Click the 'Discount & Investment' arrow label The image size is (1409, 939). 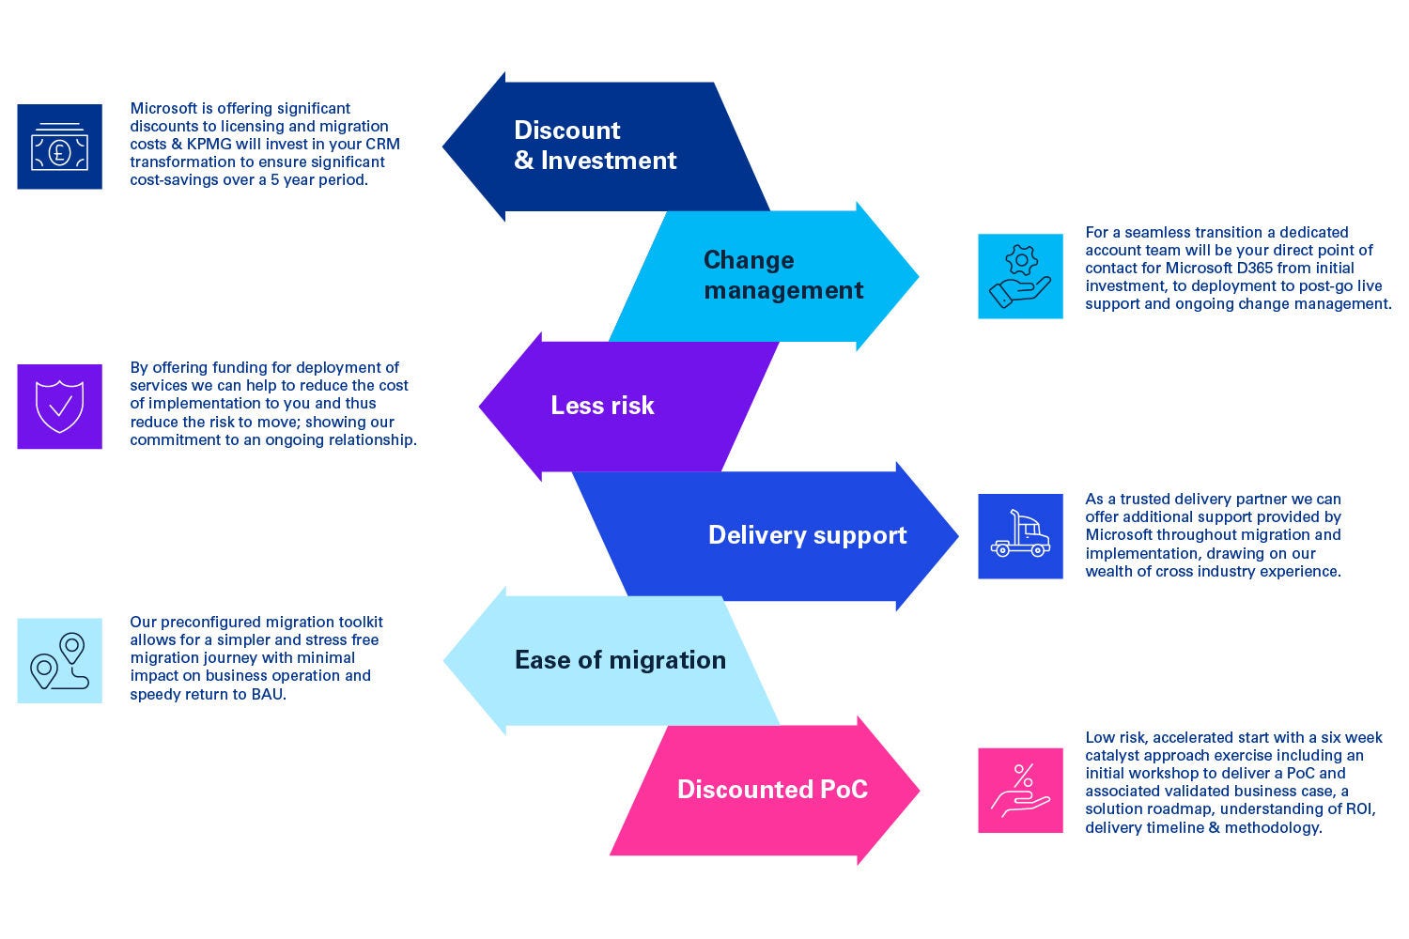point(595,146)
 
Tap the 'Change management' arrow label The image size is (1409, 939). point(782,275)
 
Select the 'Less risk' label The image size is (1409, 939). point(602,406)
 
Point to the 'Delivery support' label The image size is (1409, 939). point(807,535)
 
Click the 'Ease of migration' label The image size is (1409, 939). point(620,660)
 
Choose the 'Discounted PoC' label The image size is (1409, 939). point(772,790)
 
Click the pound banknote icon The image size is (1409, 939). point(59,146)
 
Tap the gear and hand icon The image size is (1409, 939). point(1020,277)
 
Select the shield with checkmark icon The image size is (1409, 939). point(59,407)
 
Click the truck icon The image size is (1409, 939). point(1020,536)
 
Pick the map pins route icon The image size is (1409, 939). point(59,661)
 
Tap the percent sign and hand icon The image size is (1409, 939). point(1020,791)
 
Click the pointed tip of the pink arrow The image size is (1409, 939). point(918,790)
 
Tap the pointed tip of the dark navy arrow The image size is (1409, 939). point(444,146)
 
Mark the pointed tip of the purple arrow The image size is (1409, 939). point(481,407)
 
